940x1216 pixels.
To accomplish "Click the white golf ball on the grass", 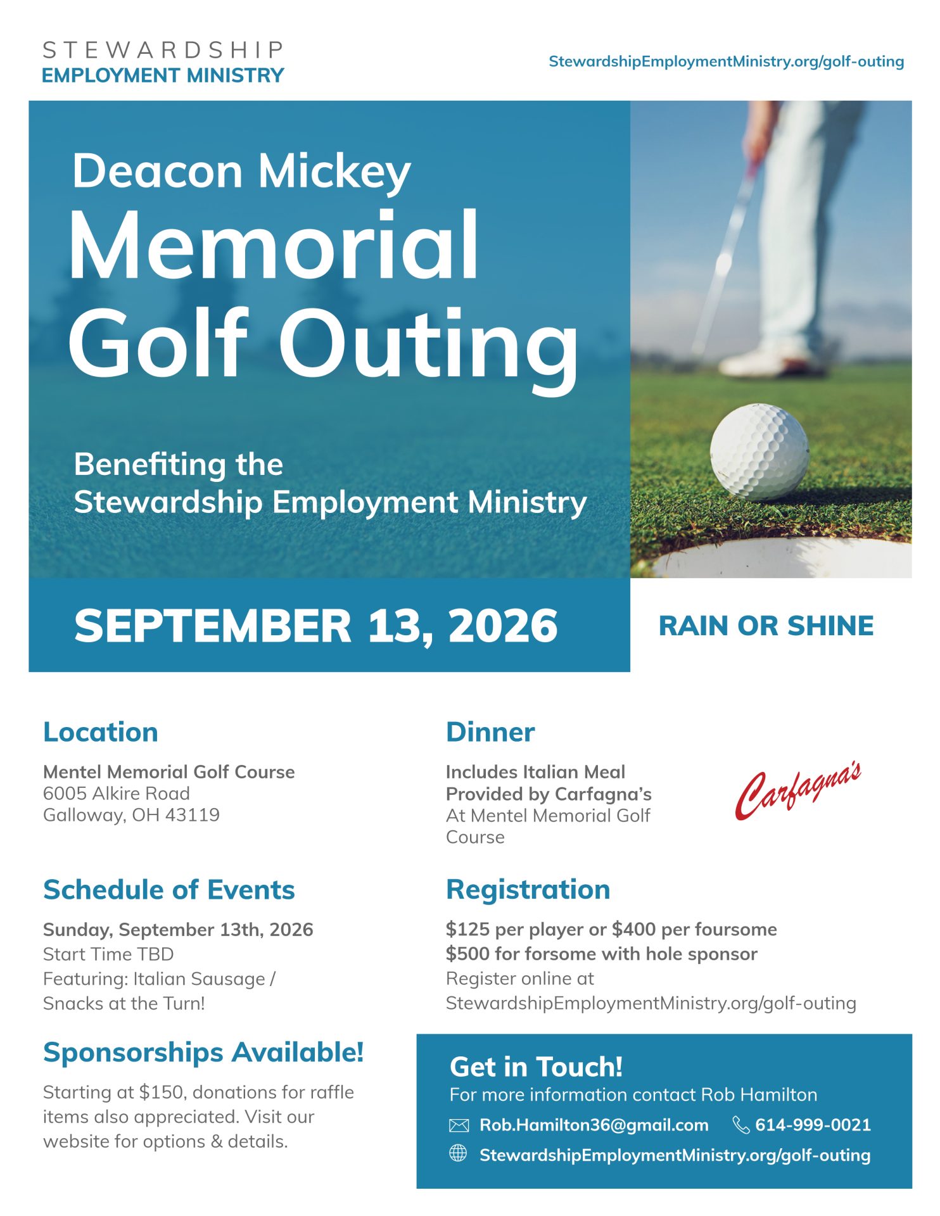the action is point(759,452).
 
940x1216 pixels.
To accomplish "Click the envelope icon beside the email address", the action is point(459,1125).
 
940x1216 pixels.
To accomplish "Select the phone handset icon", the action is point(740,1125).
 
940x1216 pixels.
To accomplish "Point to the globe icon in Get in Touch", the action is point(458,1154).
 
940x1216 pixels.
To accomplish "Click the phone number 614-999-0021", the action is point(813,1125).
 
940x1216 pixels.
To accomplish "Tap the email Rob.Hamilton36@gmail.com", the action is point(594,1125).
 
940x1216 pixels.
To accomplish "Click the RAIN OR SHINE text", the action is point(766,626).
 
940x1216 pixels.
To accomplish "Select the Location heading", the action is point(100,732).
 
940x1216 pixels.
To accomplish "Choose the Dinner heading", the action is point(490,732).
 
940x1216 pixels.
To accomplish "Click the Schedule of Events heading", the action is point(168,890).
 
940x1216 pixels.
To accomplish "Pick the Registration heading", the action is point(528,889).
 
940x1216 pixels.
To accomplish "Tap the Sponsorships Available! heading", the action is point(203,1053).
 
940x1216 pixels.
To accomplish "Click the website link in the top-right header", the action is point(726,61).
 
